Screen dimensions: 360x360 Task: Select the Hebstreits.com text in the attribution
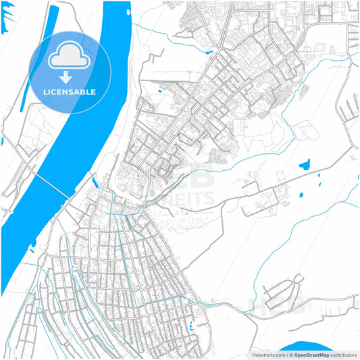(x=268, y=355)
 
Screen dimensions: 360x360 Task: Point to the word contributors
(x=344, y=355)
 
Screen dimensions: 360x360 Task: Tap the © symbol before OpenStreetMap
(x=290, y=355)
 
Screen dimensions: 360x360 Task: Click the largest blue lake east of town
(x=304, y=163)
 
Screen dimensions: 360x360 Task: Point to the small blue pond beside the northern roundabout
(x=160, y=90)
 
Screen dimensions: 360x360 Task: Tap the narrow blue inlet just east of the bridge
(x=95, y=182)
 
